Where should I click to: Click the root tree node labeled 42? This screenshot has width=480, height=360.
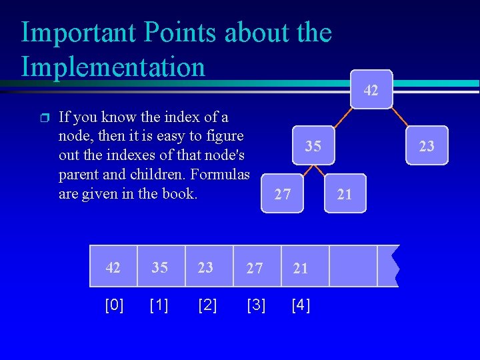click(x=372, y=89)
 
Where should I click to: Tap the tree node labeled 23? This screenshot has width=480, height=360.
click(x=427, y=145)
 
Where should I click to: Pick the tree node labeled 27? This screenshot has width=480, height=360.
click(x=283, y=194)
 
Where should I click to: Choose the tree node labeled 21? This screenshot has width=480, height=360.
click(x=345, y=194)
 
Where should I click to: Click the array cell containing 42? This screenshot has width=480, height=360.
click(x=114, y=267)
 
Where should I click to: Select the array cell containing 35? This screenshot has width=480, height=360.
click(x=159, y=267)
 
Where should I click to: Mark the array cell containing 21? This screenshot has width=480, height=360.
click(x=301, y=267)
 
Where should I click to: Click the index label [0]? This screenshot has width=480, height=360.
click(x=115, y=305)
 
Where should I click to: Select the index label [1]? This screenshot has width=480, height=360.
click(x=159, y=305)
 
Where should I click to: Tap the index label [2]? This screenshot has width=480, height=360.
click(x=207, y=305)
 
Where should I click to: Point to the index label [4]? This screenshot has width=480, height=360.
click(x=301, y=305)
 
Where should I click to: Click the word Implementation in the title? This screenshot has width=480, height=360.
click(x=113, y=67)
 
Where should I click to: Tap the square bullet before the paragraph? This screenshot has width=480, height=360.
click(x=45, y=119)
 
